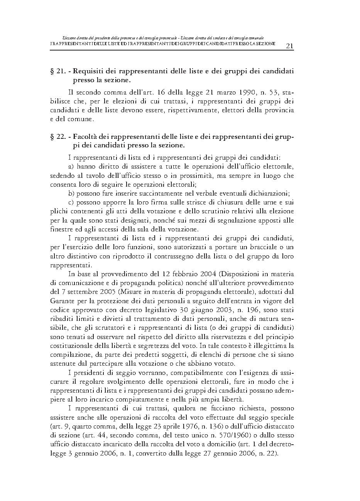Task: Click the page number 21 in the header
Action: pyautogui.click(x=289, y=46)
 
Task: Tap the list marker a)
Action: pyautogui.click(x=71, y=167)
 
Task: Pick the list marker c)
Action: pyautogui.click(x=71, y=202)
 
